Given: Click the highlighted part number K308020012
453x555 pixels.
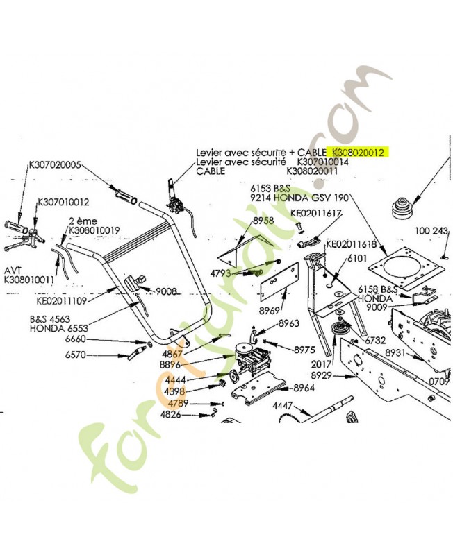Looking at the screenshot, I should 359,152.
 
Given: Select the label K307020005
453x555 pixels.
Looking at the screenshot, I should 55,165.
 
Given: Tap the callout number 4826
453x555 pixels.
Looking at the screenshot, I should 170,415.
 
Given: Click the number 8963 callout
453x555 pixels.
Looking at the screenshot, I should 289,323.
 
